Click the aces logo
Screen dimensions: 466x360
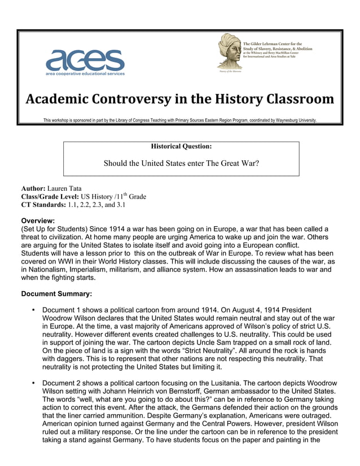[x=85, y=59]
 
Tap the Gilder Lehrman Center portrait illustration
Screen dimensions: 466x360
[x=229, y=52]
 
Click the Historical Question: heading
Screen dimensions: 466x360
[x=181, y=147]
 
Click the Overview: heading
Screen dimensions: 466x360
[x=38, y=220]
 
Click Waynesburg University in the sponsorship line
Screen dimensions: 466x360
[x=293, y=120]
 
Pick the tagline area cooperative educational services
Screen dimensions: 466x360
[x=85, y=74]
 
